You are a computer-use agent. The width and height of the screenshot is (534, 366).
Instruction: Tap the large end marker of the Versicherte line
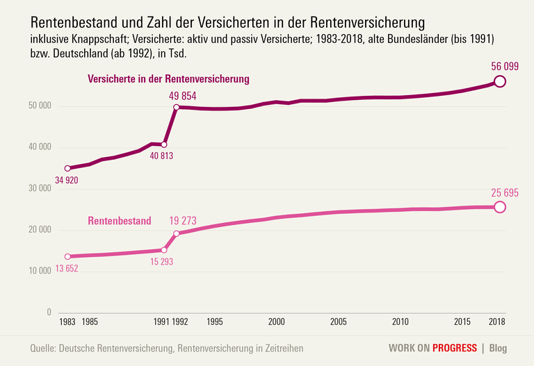[499, 81]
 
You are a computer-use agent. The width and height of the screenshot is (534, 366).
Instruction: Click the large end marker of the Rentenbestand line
[499, 207]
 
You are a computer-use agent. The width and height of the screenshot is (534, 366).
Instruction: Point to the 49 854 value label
[183, 96]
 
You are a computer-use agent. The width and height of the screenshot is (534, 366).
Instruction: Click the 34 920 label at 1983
[67, 181]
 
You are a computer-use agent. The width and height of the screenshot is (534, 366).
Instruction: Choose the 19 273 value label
[183, 221]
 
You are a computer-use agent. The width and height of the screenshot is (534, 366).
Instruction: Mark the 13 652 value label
[67, 269]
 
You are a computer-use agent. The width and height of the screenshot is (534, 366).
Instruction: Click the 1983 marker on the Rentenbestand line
[67, 257]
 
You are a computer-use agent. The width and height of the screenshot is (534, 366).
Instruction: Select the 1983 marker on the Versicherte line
[67, 168]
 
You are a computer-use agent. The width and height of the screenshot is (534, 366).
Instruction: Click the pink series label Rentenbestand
[119, 221]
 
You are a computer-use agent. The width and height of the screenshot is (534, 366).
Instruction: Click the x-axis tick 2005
[339, 322]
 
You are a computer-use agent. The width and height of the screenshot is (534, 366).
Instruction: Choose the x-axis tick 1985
[90, 322]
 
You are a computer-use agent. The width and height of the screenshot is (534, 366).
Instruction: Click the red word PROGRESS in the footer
[454, 348]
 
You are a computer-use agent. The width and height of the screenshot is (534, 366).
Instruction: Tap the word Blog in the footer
[498, 348]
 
